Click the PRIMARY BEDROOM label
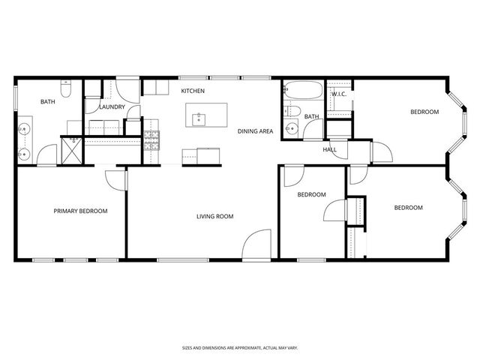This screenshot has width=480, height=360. click(x=80, y=211)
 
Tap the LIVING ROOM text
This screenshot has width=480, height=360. click(x=214, y=217)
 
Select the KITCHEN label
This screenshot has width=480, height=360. click(x=193, y=91)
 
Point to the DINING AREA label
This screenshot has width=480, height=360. click(x=255, y=131)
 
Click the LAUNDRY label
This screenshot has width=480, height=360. click(x=111, y=106)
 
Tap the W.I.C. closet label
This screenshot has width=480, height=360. click(x=337, y=94)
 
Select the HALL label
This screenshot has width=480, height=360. click(x=330, y=149)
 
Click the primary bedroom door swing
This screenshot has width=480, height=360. click(x=115, y=178)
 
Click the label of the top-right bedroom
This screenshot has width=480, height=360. click(x=424, y=112)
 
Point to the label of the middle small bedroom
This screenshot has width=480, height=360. click(x=311, y=195)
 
